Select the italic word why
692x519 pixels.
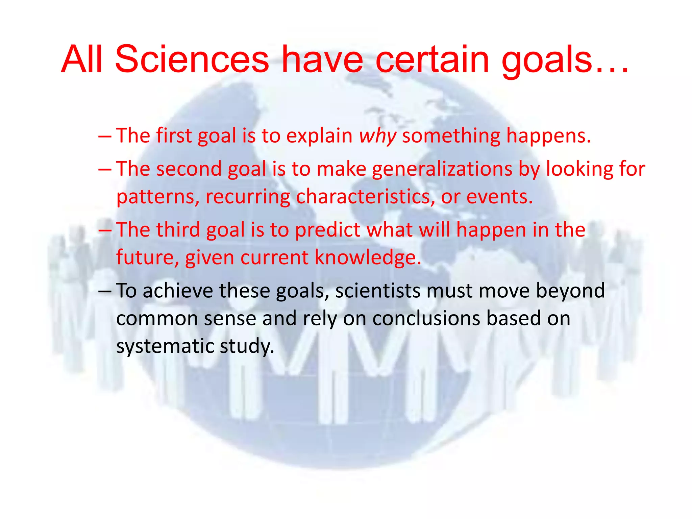tap(377, 136)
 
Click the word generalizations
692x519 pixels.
tap(442, 169)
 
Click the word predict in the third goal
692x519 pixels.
tap(327, 230)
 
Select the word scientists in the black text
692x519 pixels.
tap(378, 291)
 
